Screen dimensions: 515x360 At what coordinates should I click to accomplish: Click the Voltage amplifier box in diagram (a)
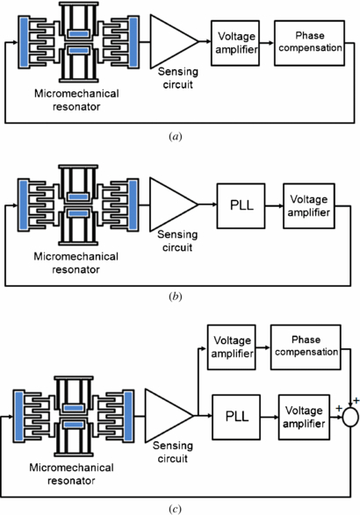pos(235,36)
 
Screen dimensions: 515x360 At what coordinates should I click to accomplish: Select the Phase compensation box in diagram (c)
pos(305,341)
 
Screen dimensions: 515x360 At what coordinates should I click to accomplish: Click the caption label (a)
pos(180,137)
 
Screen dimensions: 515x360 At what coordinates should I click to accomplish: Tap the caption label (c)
pos(180,506)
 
